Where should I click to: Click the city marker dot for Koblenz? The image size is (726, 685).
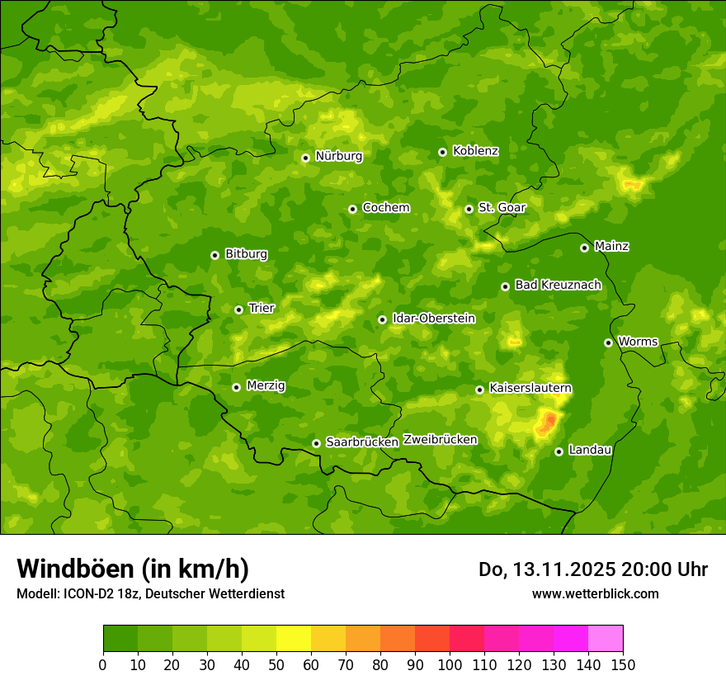tap(442, 152)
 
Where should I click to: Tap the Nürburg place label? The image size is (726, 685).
tap(338, 156)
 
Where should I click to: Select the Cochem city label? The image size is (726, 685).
tap(385, 208)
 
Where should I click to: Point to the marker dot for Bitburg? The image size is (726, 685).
tap(214, 255)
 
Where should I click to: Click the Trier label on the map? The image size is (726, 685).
tap(262, 309)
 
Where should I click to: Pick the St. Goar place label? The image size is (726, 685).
tap(502, 208)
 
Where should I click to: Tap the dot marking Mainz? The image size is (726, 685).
tap(584, 248)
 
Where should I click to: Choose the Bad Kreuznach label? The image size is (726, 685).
tap(558, 286)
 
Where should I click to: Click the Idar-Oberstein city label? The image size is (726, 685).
tap(434, 319)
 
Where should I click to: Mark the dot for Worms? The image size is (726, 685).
tap(608, 342)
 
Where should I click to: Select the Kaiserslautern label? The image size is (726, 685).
tap(530, 389)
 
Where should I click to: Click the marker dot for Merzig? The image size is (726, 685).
tap(236, 387)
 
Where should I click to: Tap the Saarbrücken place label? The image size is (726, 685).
tap(362, 442)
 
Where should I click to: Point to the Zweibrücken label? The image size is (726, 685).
tap(441, 440)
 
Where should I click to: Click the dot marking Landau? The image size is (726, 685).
tap(559, 451)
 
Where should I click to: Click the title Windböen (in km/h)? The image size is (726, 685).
tap(133, 569)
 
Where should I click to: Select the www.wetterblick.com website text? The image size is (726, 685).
tap(595, 593)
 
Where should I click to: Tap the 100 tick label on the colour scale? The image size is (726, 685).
tap(450, 664)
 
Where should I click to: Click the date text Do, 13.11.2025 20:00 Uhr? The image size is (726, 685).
tap(593, 569)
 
